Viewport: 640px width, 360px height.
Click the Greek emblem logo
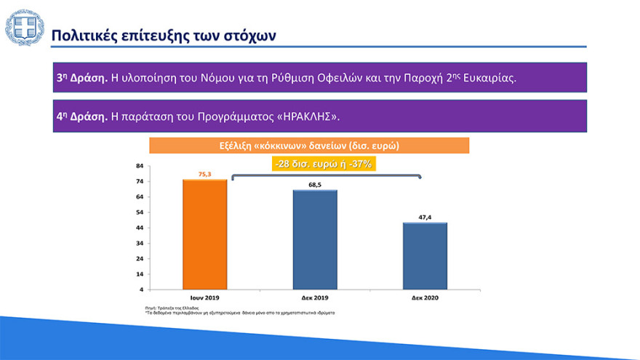[x=24, y=28]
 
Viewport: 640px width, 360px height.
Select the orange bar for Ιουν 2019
[x=205, y=234]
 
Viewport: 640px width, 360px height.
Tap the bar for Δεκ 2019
[x=315, y=240]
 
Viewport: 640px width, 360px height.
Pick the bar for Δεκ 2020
[x=425, y=256]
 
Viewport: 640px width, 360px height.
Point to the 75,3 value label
[x=205, y=174]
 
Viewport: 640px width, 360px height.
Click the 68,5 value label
[x=315, y=185]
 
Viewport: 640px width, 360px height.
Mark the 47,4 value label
[x=425, y=217]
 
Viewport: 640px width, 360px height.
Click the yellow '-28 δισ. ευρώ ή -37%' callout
[x=324, y=164]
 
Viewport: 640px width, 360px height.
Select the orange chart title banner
[x=309, y=145]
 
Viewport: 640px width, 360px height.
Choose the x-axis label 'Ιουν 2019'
[x=205, y=298]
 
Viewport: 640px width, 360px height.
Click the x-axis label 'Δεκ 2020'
[x=425, y=298]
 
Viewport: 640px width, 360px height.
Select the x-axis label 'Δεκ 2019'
[x=315, y=298]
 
